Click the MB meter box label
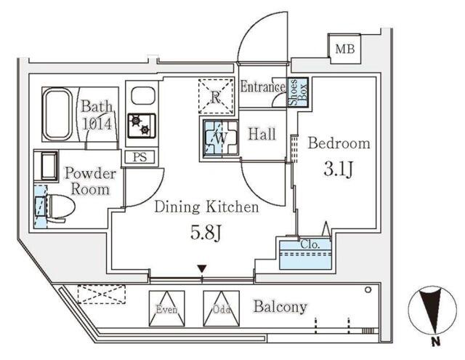point(344,49)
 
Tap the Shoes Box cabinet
point(298,92)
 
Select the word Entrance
point(263,87)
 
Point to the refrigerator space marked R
point(216,96)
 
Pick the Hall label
point(262,134)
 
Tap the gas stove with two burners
point(142,126)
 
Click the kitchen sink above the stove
point(142,95)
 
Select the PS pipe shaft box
point(139,156)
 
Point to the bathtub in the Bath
point(57,114)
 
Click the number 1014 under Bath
point(97,124)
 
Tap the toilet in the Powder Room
point(58,207)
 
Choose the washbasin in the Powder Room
point(46,166)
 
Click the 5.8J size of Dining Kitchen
point(206,233)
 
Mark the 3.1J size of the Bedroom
point(339,169)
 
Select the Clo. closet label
point(310,245)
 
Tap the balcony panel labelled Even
point(166,308)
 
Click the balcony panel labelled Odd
point(221,308)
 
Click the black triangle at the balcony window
point(202,269)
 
